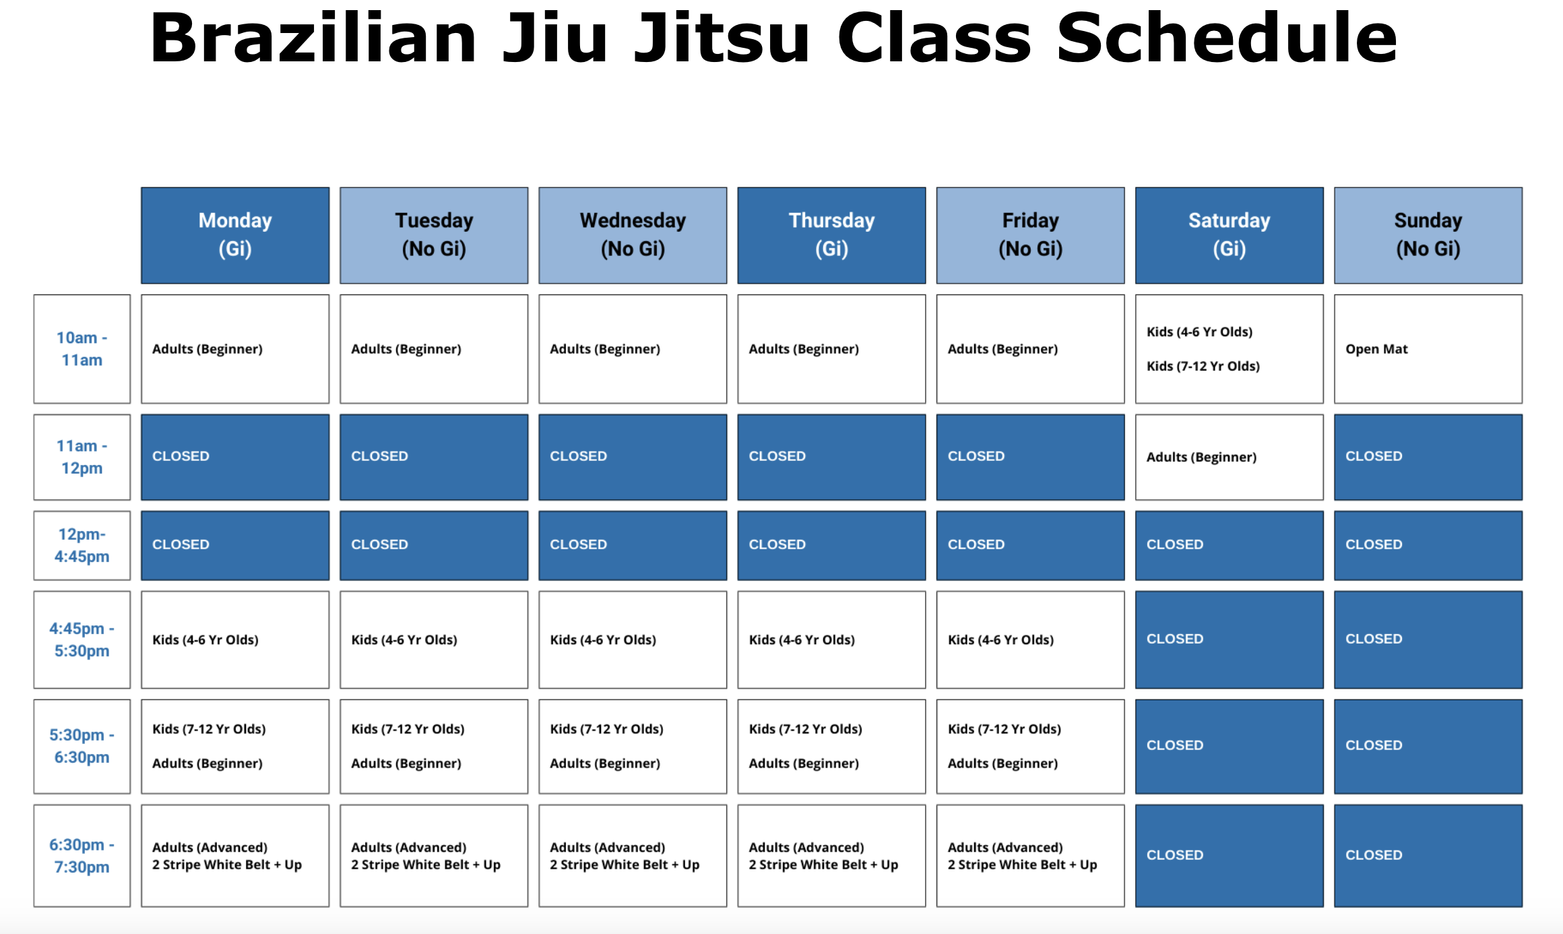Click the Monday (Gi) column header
tap(235, 235)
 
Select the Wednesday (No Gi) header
tap(633, 235)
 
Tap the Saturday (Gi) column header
tap(1229, 235)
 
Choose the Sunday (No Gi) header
tap(1428, 235)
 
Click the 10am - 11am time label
tap(82, 349)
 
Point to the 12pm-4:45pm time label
tap(82, 545)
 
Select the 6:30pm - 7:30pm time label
tap(82, 855)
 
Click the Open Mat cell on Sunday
tap(1428, 349)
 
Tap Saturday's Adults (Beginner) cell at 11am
tap(1229, 457)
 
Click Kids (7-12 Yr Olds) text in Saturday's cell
tap(1203, 367)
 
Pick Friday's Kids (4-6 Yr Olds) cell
tap(1030, 640)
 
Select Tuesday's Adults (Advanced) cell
tap(434, 855)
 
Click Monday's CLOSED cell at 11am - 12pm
tap(235, 457)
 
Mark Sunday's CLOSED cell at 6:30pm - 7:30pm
tap(1428, 855)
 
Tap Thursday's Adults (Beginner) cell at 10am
tap(831, 349)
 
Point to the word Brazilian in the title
tap(313, 38)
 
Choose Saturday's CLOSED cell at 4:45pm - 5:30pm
tap(1229, 640)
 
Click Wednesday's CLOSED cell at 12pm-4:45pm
tap(633, 545)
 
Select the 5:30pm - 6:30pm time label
tap(82, 746)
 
